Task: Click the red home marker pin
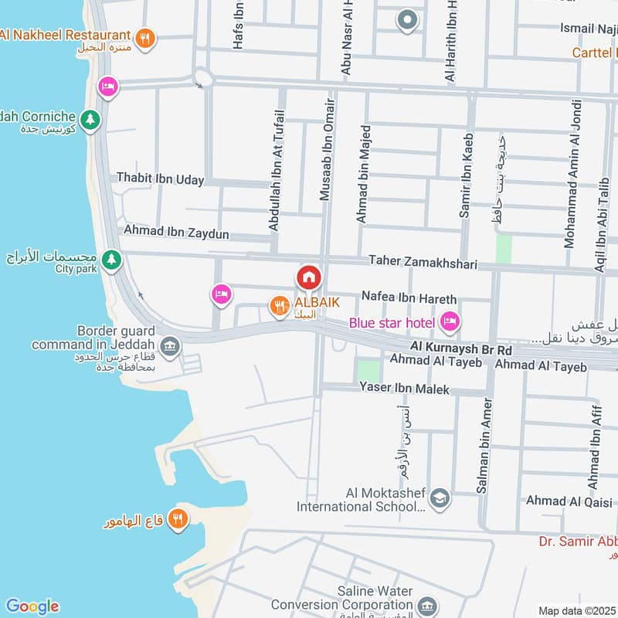(308, 277)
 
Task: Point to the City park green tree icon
(112, 260)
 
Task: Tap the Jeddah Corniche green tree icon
(91, 120)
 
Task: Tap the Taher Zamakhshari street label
(423, 263)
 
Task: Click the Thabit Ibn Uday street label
(160, 179)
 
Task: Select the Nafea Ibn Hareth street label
(409, 298)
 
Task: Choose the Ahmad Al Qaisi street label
(567, 501)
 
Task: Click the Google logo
(32, 606)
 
